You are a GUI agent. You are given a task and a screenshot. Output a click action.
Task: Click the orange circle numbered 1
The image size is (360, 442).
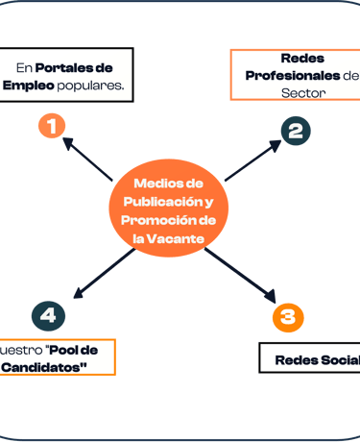(x=51, y=125)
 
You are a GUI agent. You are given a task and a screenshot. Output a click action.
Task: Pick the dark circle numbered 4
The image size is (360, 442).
(x=48, y=314)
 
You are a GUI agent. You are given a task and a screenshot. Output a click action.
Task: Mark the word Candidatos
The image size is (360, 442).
(x=45, y=366)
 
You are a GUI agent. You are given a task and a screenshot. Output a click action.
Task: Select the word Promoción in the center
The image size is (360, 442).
(x=160, y=220)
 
